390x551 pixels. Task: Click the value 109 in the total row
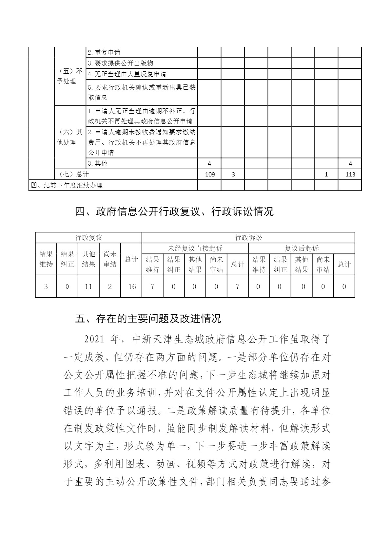210,174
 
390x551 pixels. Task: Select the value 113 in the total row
350,174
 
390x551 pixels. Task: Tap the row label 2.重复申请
104,52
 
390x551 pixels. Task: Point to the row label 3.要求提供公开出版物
120,63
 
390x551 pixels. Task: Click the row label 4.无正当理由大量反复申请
127,74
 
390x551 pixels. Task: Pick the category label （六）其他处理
70,137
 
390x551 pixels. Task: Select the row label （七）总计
72,174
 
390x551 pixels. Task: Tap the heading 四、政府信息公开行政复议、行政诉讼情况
174,211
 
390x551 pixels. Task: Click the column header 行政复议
88,238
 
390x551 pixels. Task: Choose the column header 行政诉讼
248,238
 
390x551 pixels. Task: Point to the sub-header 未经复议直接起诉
195,248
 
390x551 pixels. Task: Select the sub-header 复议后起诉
302,248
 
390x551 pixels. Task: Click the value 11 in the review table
88,287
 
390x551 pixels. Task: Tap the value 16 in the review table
132,287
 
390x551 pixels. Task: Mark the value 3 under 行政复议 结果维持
46,287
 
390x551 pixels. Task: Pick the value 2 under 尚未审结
110,287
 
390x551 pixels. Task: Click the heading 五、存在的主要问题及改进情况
148,318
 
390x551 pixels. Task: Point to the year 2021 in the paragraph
95,339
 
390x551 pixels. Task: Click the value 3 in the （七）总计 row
233,174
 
